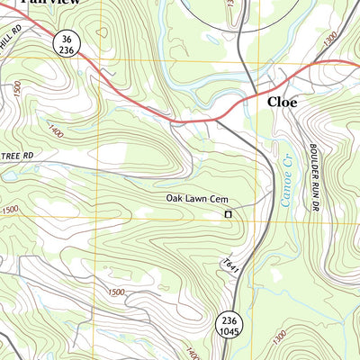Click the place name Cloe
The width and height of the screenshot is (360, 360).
click(x=281, y=103)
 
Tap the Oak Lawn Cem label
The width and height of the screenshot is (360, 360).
click(x=193, y=198)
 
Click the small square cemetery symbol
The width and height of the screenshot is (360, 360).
click(x=228, y=214)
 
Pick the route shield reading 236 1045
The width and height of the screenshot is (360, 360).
click(x=228, y=326)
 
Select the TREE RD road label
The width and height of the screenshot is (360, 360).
click(x=16, y=156)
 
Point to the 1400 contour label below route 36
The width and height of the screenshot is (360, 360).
click(x=58, y=131)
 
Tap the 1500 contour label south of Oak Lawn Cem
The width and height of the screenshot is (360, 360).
click(x=114, y=292)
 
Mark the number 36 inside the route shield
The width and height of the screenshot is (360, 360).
click(x=64, y=39)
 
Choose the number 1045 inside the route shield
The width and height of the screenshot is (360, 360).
click(x=228, y=332)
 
